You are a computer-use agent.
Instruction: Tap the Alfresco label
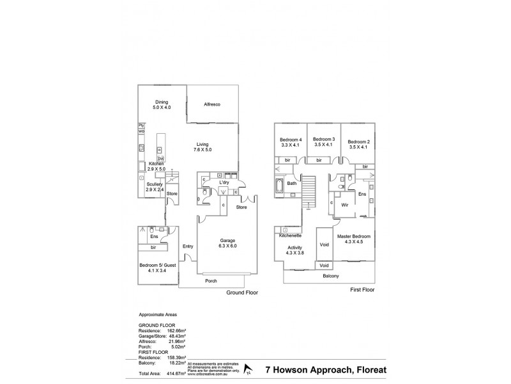click(212, 104)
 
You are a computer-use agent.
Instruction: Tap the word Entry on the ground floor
click(187, 246)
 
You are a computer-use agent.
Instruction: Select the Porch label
click(210, 280)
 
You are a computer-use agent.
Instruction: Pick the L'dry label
click(224, 182)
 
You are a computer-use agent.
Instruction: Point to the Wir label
click(344, 206)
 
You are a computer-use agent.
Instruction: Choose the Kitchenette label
click(291, 236)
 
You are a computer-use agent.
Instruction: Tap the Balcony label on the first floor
click(331, 276)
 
